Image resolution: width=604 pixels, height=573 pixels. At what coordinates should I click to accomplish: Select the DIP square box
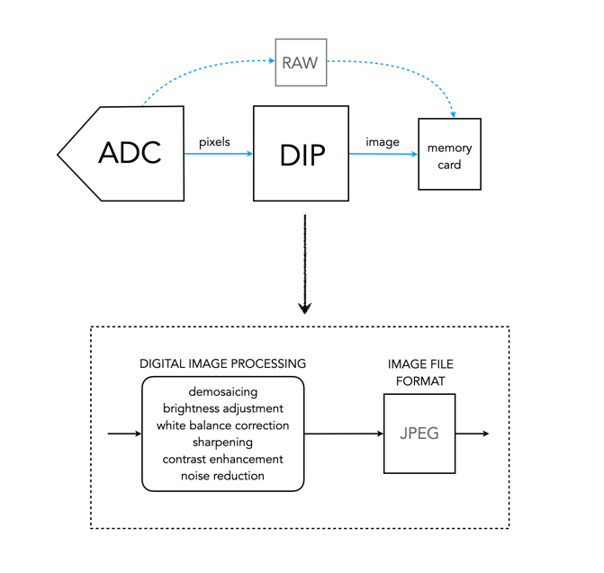pyautogui.click(x=301, y=153)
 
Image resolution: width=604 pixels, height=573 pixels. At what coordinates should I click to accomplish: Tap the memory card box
pyautogui.click(x=449, y=155)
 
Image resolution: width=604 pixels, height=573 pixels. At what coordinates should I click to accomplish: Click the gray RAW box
pyautogui.click(x=301, y=62)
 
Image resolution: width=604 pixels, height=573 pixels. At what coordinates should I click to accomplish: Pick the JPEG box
pyautogui.click(x=419, y=434)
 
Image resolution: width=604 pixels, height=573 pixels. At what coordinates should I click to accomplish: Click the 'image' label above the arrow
pyautogui.click(x=383, y=141)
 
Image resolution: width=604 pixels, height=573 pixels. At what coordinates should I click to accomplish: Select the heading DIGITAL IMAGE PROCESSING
pyautogui.click(x=222, y=363)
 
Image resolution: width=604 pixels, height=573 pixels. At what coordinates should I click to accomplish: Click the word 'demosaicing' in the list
pyautogui.click(x=222, y=393)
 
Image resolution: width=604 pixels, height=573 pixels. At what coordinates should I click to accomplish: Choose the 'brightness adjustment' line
pyautogui.click(x=222, y=409)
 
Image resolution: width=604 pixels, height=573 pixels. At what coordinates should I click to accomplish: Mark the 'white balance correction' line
pyautogui.click(x=222, y=425)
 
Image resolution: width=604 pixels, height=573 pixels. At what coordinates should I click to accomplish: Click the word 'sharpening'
pyautogui.click(x=222, y=442)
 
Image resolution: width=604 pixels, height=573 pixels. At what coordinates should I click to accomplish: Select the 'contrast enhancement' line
pyautogui.click(x=222, y=459)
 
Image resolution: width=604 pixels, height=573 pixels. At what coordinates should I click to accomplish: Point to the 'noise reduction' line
pyautogui.click(x=222, y=475)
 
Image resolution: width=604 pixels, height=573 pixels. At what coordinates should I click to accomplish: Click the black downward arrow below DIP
pyautogui.click(x=306, y=265)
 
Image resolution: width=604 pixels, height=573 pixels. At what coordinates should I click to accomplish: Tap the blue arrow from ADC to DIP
pyautogui.click(x=219, y=154)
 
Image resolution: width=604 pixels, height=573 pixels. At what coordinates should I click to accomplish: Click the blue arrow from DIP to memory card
pyautogui.click(x=383, y=154)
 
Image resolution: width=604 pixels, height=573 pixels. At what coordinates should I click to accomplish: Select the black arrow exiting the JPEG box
pyautogui.click(x=472, y=434)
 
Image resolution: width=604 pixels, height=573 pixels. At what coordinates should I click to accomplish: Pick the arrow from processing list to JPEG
pyautogui.click(x=344, y=434)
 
